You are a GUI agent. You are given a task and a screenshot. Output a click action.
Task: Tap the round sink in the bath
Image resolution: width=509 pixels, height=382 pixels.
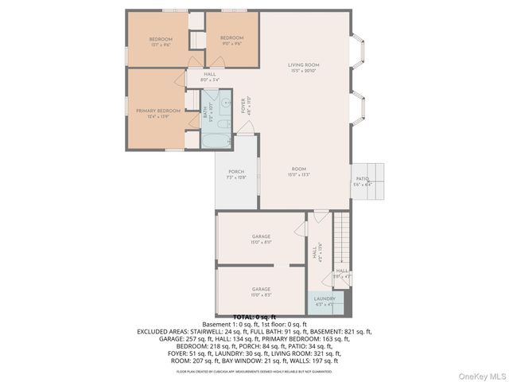[x=223, y=101]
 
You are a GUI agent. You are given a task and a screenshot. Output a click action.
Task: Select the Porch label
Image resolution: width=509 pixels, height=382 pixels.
[x=236, y=174]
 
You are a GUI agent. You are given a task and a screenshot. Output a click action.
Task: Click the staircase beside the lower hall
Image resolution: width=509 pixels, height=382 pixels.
[x=340, y=239]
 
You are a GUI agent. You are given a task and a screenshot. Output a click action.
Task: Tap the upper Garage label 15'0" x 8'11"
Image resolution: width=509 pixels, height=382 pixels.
[x=262, y=240]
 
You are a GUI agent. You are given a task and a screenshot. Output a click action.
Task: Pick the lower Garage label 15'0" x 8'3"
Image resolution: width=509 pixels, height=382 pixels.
[x=262, y=291]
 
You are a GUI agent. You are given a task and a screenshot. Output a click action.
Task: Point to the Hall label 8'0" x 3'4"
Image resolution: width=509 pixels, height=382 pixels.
[x=209, y=77]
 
